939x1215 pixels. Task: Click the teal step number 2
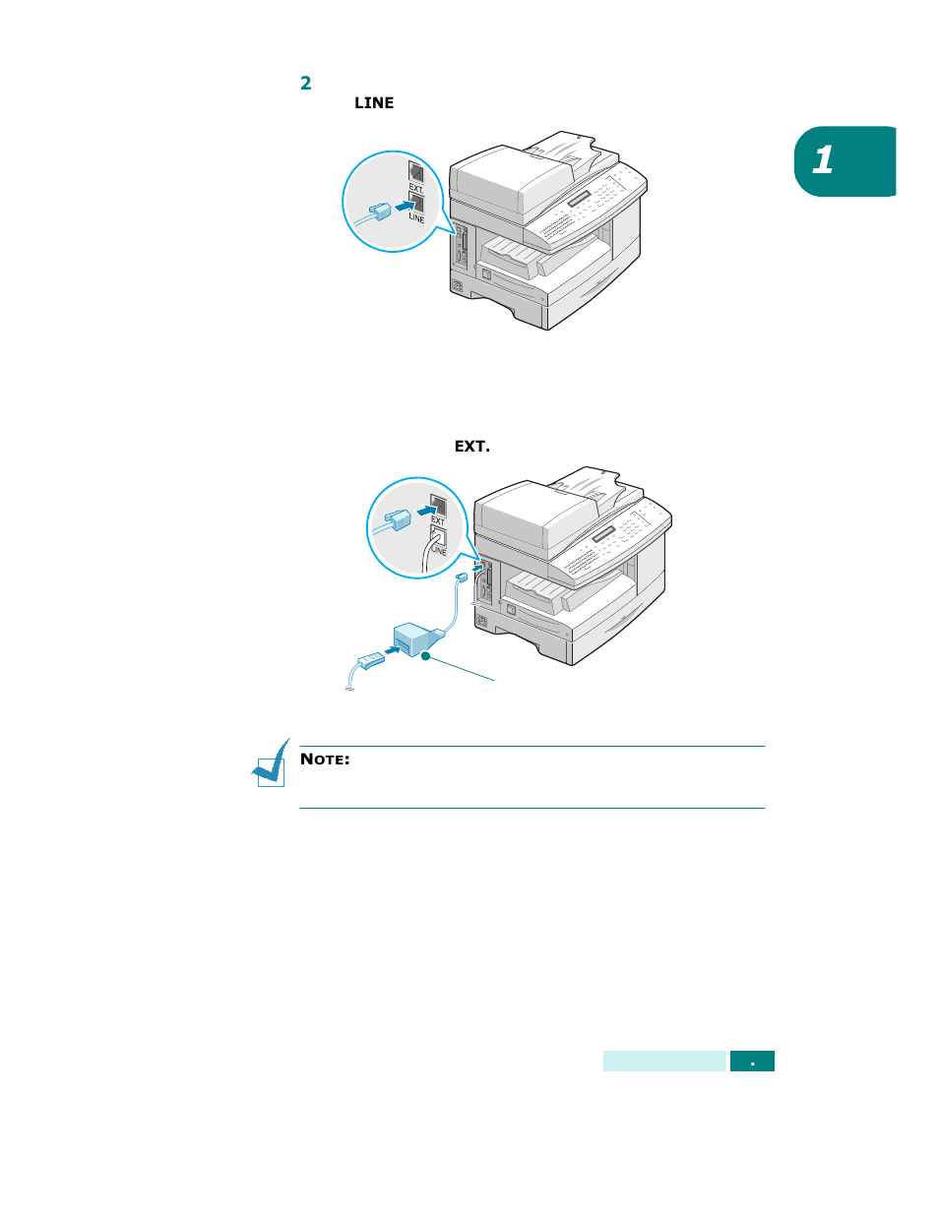(x=306, y=83)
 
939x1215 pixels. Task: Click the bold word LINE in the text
(x=374, y=103)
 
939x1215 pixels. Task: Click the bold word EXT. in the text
(x=471, y=447)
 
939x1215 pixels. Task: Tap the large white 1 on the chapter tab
(x=824, y=160)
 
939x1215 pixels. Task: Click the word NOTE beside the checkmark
(x=325, y=759)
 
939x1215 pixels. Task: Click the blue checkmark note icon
(x=271, y=764)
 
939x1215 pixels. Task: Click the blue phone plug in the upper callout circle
(x=378, y=210)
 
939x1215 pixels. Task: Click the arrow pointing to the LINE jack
(x=400, y=206)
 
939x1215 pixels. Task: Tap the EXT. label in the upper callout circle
(x=416, y=188)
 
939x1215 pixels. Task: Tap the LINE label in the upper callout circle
(x=416, y=217)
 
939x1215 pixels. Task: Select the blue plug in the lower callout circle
(x=397, y=519)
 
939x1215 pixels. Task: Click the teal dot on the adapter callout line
(x=426, y=656)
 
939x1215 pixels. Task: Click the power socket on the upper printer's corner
(x=457, y=287)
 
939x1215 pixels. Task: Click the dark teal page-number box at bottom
(x=752, y=1062)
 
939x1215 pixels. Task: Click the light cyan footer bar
(x=664, y=1062)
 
